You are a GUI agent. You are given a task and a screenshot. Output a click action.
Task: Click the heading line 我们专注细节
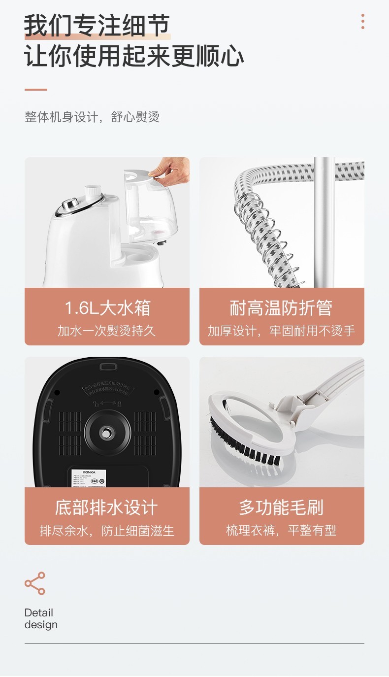coord(97,26)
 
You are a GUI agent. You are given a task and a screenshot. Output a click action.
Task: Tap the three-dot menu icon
coord(363,21)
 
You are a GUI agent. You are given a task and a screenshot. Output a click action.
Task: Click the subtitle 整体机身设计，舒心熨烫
coord(92,117)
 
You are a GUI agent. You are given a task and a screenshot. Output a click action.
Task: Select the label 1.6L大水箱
coord(107,308)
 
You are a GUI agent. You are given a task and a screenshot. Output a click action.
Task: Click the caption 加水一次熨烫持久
coord(107,331)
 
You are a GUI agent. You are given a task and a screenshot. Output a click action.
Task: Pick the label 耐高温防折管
coord(281,308)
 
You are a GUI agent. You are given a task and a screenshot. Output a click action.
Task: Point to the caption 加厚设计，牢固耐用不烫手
coord(281,331)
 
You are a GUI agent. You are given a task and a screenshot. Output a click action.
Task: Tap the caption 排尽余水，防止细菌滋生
coord(107,531)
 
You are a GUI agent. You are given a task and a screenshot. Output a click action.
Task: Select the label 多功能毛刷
coord(281,508)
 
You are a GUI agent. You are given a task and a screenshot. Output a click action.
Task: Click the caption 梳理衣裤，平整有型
coord(281,531)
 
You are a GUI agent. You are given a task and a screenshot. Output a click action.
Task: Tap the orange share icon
coord(35,583)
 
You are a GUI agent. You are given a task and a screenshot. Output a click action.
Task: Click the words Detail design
coord(40,619)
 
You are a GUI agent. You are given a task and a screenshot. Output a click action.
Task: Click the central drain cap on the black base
coord(106,433)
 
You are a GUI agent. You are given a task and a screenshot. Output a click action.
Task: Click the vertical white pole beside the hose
coord(324,222)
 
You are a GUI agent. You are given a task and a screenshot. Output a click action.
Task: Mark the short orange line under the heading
coord(36,90)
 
